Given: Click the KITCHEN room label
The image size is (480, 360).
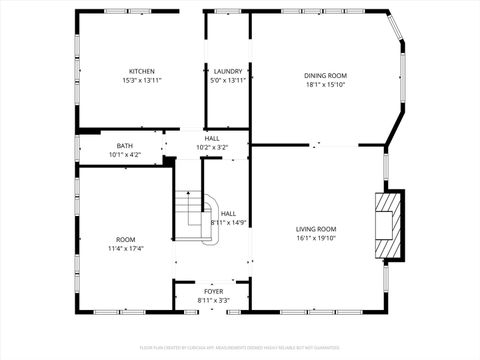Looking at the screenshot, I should tap(141, 71).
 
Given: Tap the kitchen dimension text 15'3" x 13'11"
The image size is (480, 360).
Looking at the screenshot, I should tap(141, 80).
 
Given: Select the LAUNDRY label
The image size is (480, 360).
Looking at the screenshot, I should tap(227, 71).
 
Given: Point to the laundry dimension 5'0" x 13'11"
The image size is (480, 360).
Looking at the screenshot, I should tap(227, 80).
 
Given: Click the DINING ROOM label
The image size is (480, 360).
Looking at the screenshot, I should tap(326, 75).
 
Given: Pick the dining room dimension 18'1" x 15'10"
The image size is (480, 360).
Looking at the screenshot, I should tap(326, 84).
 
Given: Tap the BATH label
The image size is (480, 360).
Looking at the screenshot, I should tap(124, 145).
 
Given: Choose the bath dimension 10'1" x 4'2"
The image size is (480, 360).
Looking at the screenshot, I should tap(124, 154).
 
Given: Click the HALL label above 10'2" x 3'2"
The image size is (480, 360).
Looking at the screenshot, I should tap(212, 138).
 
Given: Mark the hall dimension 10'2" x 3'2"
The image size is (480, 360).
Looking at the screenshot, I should tap(212, 147).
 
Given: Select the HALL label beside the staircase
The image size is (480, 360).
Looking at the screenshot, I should tap(228, 213).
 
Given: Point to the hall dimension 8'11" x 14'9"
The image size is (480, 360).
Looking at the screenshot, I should tap(228, 222).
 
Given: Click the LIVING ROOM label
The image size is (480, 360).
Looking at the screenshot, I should tap(316, 229).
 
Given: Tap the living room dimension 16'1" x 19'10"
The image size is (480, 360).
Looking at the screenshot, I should tap(316, 238).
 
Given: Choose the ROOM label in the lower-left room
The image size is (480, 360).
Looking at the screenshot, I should tap(125, 239).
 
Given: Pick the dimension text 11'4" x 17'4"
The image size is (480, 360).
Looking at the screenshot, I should tap(125, 248).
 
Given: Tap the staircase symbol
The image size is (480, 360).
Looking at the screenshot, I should tap(195, 216).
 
